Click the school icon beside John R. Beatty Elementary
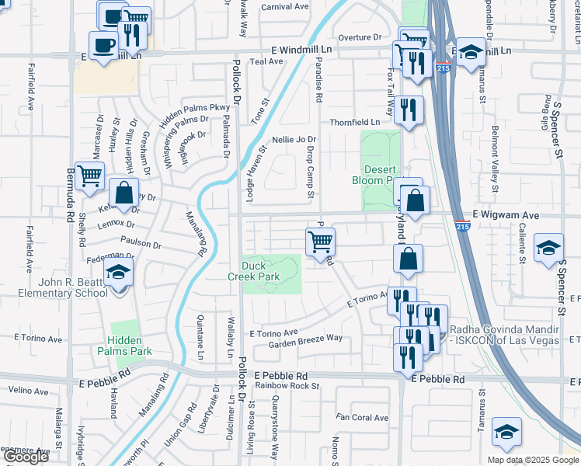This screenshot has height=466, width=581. point(118,272)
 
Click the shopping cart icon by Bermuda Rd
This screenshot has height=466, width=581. point(89,178)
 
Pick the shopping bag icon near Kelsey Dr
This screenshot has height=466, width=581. point(124,192)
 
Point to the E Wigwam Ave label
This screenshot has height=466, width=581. point(506,214)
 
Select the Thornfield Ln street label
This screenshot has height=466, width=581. point(355,122)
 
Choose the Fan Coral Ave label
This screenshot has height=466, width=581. point(362,418)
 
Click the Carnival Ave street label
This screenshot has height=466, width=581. point(284,6)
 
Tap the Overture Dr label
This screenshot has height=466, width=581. point(360,37)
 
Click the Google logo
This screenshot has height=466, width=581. point(26,457)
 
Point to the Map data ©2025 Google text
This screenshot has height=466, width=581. point(532,460)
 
